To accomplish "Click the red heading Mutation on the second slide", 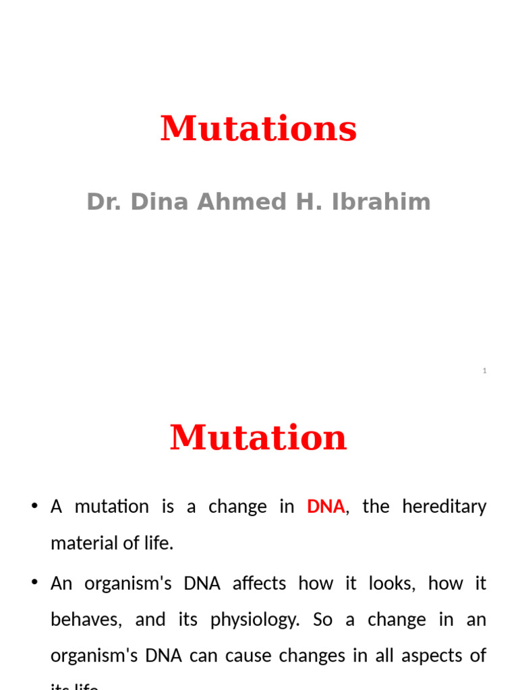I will coord(258,437).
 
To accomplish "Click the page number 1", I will coord(484,371).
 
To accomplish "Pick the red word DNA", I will coord(326,507).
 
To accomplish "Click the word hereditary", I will coord(444,507).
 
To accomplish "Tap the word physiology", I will coord(258,620).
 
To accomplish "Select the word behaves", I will coord(86,620).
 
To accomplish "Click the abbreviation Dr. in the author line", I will coord(101,201).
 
